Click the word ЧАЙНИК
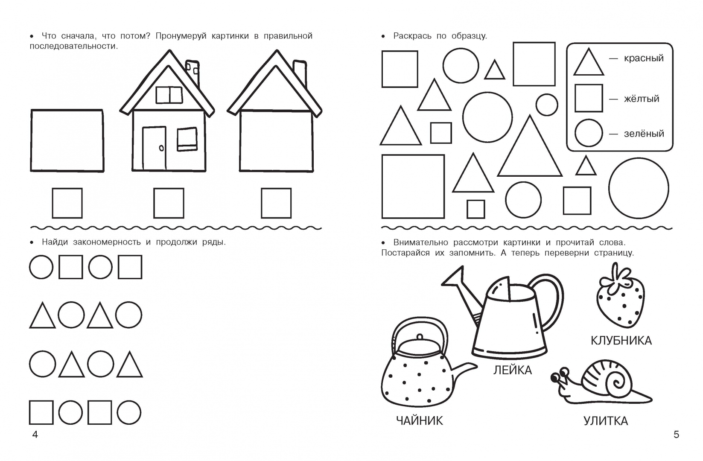click(419, 420)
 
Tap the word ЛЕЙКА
click(513, 371)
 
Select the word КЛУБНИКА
click(621, 341)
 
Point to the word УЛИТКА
click(605, 421)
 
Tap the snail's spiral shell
click(606, 379)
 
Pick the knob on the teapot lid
click(420, 337)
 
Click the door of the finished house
click(154, 148)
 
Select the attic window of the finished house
click(169, 95)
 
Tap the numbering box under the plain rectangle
click(67, 203)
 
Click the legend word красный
click(644, 58)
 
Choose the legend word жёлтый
click(642, 99)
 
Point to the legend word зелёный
click(644, 134)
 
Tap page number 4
click(35, 435)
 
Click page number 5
click(677, 435)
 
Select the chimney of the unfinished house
click(299, 74)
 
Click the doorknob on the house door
click(161, 148)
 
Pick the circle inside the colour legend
click(589, 133)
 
